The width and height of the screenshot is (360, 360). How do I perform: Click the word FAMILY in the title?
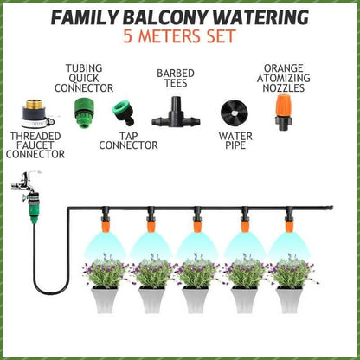(84, 18)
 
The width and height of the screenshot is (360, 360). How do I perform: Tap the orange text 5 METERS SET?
(179, 39)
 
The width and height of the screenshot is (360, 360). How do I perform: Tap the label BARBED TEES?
(174, 80)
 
